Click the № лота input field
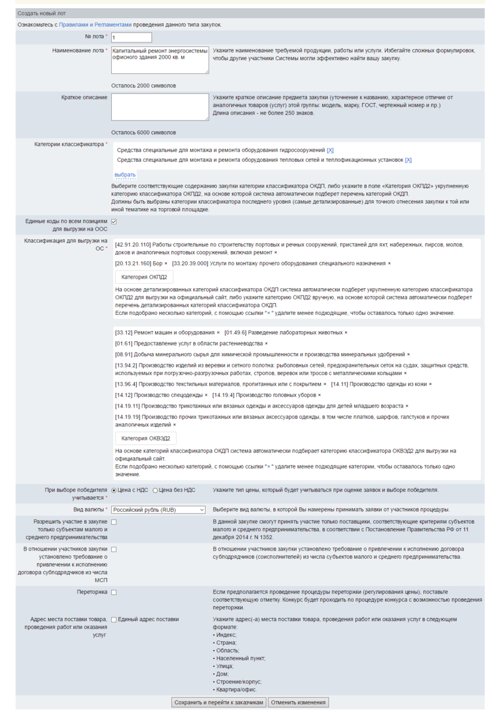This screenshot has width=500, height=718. (131, 37)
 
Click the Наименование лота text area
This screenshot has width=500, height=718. (160, 60)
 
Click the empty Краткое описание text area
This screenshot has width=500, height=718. (160, 107)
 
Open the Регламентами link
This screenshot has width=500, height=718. (114, 24)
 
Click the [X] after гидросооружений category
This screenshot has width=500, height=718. (330, 151)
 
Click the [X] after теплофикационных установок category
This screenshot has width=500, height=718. (408, 160)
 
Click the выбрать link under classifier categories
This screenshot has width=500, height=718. (125, 174)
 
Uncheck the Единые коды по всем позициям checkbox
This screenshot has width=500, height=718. (114, 221)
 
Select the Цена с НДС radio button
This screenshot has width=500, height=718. (114, 490)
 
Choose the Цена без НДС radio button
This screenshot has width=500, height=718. (156, 490)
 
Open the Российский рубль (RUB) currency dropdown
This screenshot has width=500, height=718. (159, 510)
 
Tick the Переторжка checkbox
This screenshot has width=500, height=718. (114, 592)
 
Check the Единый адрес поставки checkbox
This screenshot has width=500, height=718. (114, 619)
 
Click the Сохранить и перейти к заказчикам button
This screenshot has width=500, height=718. (219, 702)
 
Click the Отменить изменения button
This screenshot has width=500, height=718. (298, 702)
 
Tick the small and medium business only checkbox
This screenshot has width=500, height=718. (114, 522)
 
